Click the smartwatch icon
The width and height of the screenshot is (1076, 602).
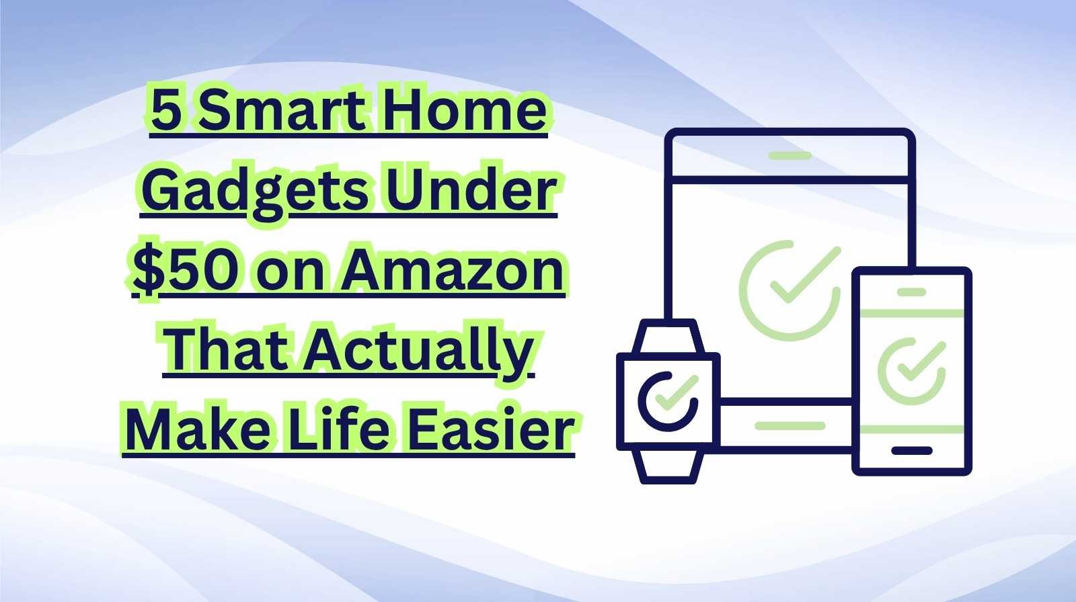[x=668, y=401]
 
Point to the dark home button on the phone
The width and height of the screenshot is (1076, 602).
[x=911, y=451]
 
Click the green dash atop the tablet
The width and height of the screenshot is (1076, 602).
[x=790, y=156]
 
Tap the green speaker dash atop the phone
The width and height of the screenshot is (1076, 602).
[x=911, y=292]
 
